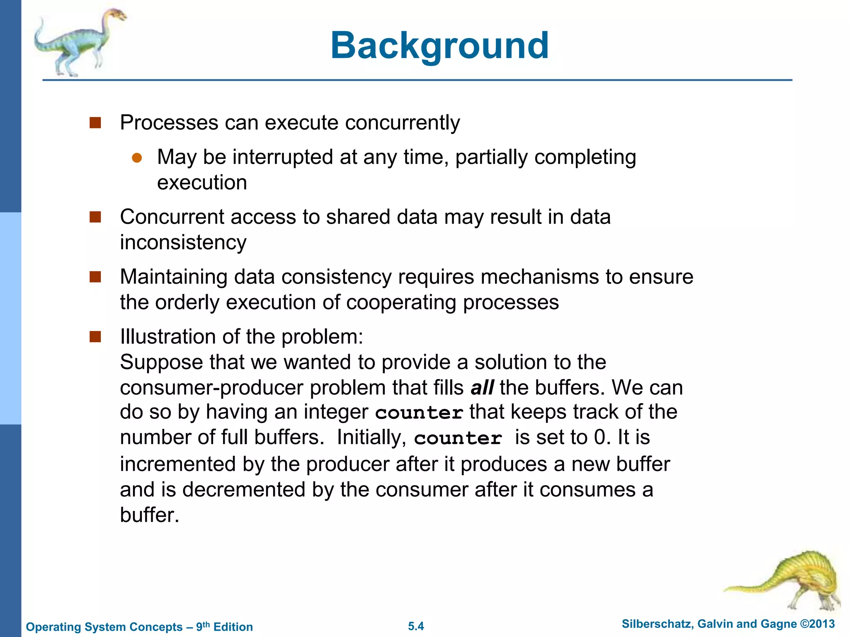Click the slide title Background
[439, 46]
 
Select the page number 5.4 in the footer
[416, 626]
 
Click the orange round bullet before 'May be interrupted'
[137, 158]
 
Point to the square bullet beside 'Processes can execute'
[95, 123]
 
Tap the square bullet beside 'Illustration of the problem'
[95, 337]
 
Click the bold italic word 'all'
[482, 388]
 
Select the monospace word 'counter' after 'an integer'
[419, 413]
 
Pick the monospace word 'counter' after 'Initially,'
[458, 438]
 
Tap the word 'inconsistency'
[183, 242]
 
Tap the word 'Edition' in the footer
[233, 627]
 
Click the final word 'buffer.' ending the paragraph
[149, 515]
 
